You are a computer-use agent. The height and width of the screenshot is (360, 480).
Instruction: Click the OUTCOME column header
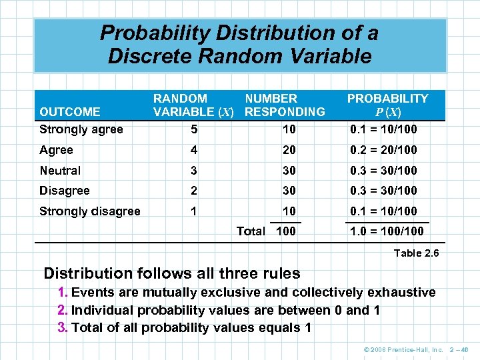click(x=70, y=111)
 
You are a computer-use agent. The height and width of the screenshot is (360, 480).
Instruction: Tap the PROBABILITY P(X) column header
click(x=387, y=105)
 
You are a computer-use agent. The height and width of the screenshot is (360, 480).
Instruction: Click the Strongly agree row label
click(x=81, y=129)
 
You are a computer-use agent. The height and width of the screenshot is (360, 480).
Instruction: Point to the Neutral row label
click(x=60, y=171)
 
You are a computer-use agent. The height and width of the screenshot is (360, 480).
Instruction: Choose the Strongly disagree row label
click(x=90, y=211)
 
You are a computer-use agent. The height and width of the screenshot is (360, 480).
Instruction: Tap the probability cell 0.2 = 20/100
click(x=384, y=150)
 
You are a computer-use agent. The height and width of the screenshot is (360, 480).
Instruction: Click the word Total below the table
click(x=251, y=232)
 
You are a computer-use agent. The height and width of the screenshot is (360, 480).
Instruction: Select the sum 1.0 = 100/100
click(x=387, y=232)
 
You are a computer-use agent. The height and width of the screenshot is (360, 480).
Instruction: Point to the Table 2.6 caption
click(x=416, y=253)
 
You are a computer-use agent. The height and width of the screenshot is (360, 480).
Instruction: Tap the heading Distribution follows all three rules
click(x=172, y=273)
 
